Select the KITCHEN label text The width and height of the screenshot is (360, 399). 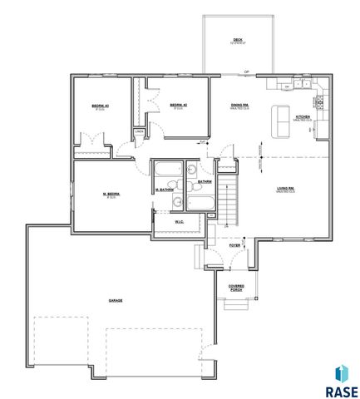[x=303, y=117]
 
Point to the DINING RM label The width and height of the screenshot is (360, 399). [x=240, y=105]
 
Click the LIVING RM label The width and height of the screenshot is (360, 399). [x=286, y=190]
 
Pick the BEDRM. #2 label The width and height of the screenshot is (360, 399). [x=178, y=105]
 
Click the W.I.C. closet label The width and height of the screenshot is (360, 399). [x=180, y=221]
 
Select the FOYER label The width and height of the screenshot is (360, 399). [x=235, y=245]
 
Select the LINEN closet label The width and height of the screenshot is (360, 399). [x=139, y=131]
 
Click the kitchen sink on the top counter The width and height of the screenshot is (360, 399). [x=286, y=86]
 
